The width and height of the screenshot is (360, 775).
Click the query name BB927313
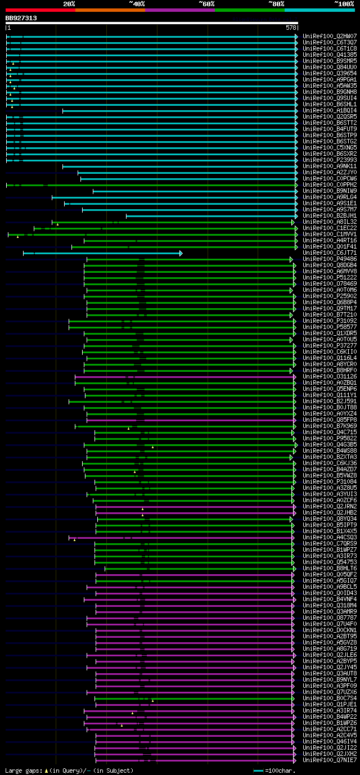(21, 18)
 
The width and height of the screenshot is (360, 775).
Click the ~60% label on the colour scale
(206, 3)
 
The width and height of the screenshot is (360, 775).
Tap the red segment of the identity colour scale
(40, 10)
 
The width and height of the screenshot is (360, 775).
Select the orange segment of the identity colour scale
(110, 10)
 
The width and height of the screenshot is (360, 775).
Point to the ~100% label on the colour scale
(344, 3)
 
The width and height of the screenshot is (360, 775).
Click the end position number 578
(291, 27)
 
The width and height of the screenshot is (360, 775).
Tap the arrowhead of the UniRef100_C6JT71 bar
(181, 253)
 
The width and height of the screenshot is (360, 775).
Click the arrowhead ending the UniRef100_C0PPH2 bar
(296, 184)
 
